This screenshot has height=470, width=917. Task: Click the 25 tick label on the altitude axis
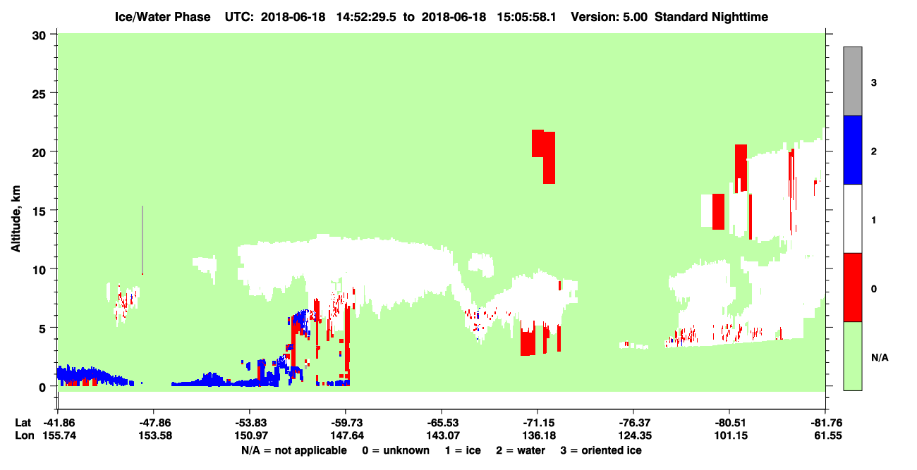click(40, 94)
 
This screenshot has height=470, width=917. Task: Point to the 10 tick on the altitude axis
click(54, 268)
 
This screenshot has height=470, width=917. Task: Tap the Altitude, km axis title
click(16, 219)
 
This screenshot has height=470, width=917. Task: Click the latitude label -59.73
click(346, 423)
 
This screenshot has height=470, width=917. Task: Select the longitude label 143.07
click(443, 435)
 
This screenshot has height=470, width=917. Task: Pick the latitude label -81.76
click(825, 423)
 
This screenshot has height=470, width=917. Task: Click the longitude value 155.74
click(59, 435)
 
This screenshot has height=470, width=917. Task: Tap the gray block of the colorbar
click(852, 81)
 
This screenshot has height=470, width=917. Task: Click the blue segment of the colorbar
click(852, 149)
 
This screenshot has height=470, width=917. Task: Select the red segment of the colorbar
click(852, 287)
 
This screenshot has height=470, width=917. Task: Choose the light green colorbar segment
click(852, 356)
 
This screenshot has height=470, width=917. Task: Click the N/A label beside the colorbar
click(880, 358)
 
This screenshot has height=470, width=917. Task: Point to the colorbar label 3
click(873, 83)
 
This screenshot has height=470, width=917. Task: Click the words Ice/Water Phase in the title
click(162, 17)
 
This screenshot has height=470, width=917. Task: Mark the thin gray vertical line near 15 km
click(142, 240)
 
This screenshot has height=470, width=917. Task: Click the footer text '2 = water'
click(521, 450)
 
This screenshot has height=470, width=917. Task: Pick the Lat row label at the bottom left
click(23, 423)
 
